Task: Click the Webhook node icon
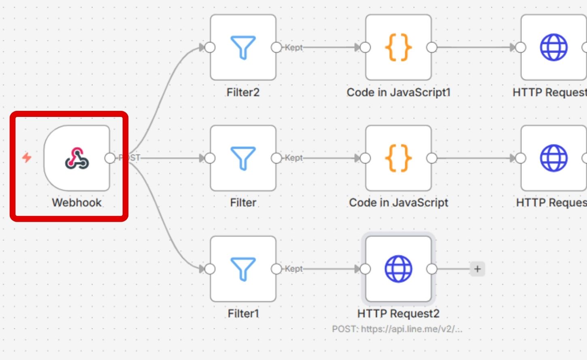77,158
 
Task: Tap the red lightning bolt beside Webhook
27,157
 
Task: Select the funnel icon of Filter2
243,47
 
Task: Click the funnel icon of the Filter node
243,158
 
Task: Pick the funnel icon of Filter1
243,269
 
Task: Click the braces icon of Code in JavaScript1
398,47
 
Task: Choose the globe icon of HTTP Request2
398,269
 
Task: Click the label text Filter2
243,93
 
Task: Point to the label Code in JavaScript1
398,93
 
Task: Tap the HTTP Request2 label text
398,313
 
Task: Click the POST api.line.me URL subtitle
397,329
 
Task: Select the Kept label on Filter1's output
293,269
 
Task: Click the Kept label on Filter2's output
293,47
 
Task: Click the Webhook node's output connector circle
110,158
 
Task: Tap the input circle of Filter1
210,269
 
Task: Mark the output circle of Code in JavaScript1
432,47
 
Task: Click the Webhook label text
77,203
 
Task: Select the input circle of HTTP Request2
365,269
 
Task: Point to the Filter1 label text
243,313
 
